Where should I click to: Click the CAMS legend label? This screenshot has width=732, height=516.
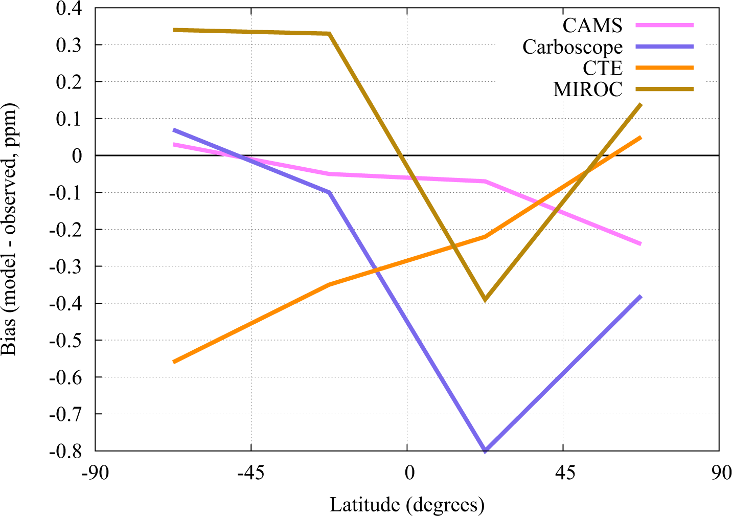592,25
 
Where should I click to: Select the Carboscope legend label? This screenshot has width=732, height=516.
573,47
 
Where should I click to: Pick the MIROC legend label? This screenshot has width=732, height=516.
588,89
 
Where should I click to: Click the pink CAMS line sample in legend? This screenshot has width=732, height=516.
665,25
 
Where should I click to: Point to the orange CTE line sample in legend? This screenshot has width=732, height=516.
665,68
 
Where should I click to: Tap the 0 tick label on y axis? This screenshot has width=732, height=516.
77,155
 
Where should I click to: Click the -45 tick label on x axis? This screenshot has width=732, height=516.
250,473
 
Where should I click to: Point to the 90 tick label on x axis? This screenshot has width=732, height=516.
720,473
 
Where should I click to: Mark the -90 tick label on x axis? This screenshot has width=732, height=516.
95,473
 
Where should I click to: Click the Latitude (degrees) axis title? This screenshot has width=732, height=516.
407,505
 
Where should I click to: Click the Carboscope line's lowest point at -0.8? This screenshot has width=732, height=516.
485,450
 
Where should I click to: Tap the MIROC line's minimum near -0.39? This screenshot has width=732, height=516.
485,299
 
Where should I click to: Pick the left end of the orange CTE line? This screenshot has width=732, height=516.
174,362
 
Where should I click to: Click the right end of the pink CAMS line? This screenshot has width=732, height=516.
640,244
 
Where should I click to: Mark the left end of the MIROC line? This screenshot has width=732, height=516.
174,30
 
